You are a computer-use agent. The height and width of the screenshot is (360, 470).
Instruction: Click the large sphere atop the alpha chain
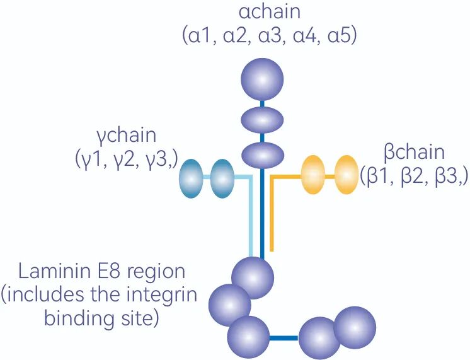click(263, 80)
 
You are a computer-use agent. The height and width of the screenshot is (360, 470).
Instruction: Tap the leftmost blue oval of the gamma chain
click(192, 178)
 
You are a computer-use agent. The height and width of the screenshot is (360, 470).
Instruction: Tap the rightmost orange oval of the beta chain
click(346, 175)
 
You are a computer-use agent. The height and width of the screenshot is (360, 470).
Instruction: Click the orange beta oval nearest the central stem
click(313, 175)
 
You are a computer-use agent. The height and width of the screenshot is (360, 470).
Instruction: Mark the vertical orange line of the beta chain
click(272, 214)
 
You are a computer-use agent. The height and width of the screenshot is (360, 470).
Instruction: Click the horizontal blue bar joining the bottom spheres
click(284, 339)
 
